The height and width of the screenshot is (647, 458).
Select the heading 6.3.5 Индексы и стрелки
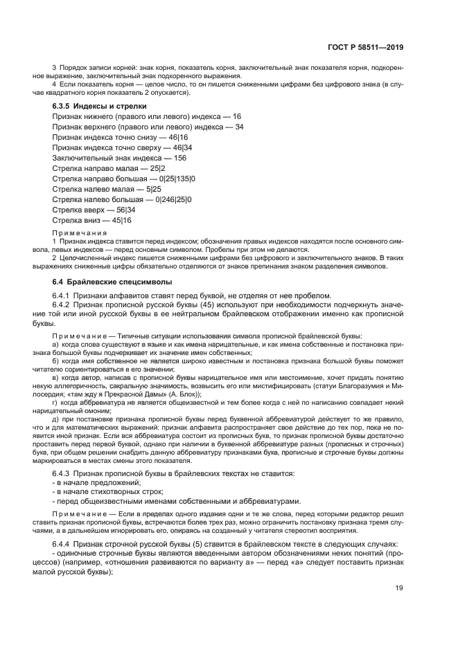pos(99,106)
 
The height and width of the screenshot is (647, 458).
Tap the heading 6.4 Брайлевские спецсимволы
pos(108,282)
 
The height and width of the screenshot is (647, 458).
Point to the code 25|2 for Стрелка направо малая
pos(159,168)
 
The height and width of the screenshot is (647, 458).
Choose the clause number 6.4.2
pos(64,305)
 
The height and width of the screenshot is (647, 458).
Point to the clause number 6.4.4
pos(64,545)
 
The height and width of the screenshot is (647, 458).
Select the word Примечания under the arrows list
pos(78,233)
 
